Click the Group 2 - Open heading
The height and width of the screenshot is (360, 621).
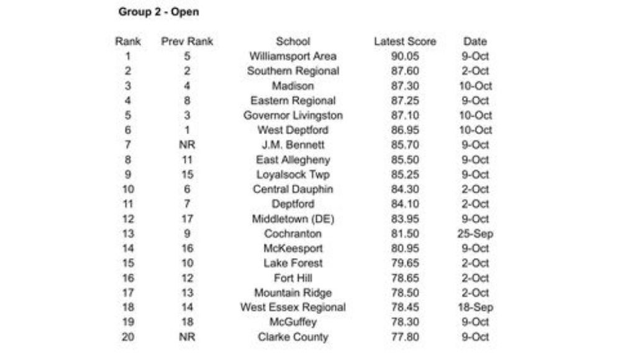[158, 12]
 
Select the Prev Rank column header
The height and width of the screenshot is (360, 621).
[187, 42]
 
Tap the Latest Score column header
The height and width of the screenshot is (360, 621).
[405, 42]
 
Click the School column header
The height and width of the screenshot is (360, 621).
[292, 42]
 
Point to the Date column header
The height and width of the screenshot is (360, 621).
[475, 42]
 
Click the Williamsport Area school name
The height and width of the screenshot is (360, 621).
[292, 56]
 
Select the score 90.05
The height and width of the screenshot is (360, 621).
[405, 56]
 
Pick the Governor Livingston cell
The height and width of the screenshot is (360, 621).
[292, 115]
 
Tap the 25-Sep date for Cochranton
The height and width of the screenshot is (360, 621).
[475, 234]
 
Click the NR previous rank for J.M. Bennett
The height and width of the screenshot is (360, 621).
[187, 145]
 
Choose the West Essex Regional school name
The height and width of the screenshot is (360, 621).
[292, 307]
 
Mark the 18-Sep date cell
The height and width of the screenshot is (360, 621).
[475, 307]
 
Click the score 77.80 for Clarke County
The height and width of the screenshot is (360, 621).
[405, 337]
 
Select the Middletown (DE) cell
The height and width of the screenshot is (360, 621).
[292, 219]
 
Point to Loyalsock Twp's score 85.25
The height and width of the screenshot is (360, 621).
[405, 174]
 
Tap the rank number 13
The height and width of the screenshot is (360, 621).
[128, 234]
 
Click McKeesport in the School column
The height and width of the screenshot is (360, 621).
[292, 248]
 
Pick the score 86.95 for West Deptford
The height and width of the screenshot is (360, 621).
[405, 130]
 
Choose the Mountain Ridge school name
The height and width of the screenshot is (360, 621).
[292, 293]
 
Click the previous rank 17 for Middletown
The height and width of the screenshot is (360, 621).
[187, 219]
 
